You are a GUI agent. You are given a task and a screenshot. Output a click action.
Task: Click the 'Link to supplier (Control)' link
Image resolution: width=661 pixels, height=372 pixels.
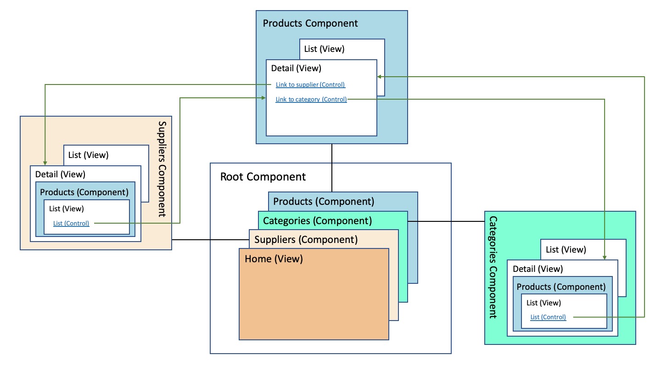pos(310,85)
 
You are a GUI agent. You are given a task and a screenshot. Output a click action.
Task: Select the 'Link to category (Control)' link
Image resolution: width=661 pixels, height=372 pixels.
pos(311,99)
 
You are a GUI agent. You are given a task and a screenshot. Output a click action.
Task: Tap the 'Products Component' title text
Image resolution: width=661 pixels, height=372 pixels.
pos(310,23)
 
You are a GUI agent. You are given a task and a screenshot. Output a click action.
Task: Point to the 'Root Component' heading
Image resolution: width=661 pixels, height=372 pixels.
pos(263,177)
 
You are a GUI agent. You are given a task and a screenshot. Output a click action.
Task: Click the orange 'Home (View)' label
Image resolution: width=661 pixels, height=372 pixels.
pos(274,259)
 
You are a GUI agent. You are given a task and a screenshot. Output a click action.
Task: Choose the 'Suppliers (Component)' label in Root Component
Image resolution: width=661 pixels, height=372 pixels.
pos(306,239)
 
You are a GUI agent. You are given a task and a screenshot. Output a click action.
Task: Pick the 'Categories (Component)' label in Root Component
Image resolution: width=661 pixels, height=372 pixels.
pos(317,221)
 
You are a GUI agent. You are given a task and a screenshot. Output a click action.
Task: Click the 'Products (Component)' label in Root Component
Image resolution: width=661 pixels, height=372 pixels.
pos(324,201)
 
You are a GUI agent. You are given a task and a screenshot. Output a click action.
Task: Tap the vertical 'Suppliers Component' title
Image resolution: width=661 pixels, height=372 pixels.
pos(162,169)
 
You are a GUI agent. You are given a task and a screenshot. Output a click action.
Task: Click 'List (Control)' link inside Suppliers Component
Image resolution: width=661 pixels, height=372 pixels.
pos(71,224)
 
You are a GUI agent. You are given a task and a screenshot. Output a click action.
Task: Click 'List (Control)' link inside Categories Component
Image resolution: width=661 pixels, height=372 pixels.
pos(548,317)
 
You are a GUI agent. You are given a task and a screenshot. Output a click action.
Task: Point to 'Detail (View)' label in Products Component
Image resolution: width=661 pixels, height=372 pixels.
pos(296,68)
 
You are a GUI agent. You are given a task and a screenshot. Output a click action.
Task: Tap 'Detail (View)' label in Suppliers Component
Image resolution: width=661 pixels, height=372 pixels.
pos(60,175)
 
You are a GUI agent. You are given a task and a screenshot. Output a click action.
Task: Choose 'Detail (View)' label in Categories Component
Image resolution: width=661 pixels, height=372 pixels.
pos(538,269)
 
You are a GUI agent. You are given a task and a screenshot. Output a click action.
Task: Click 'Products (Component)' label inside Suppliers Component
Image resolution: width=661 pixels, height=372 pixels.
pos(84,192)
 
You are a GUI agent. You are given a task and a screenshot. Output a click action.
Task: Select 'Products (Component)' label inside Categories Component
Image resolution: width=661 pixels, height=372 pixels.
pos(561,287)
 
